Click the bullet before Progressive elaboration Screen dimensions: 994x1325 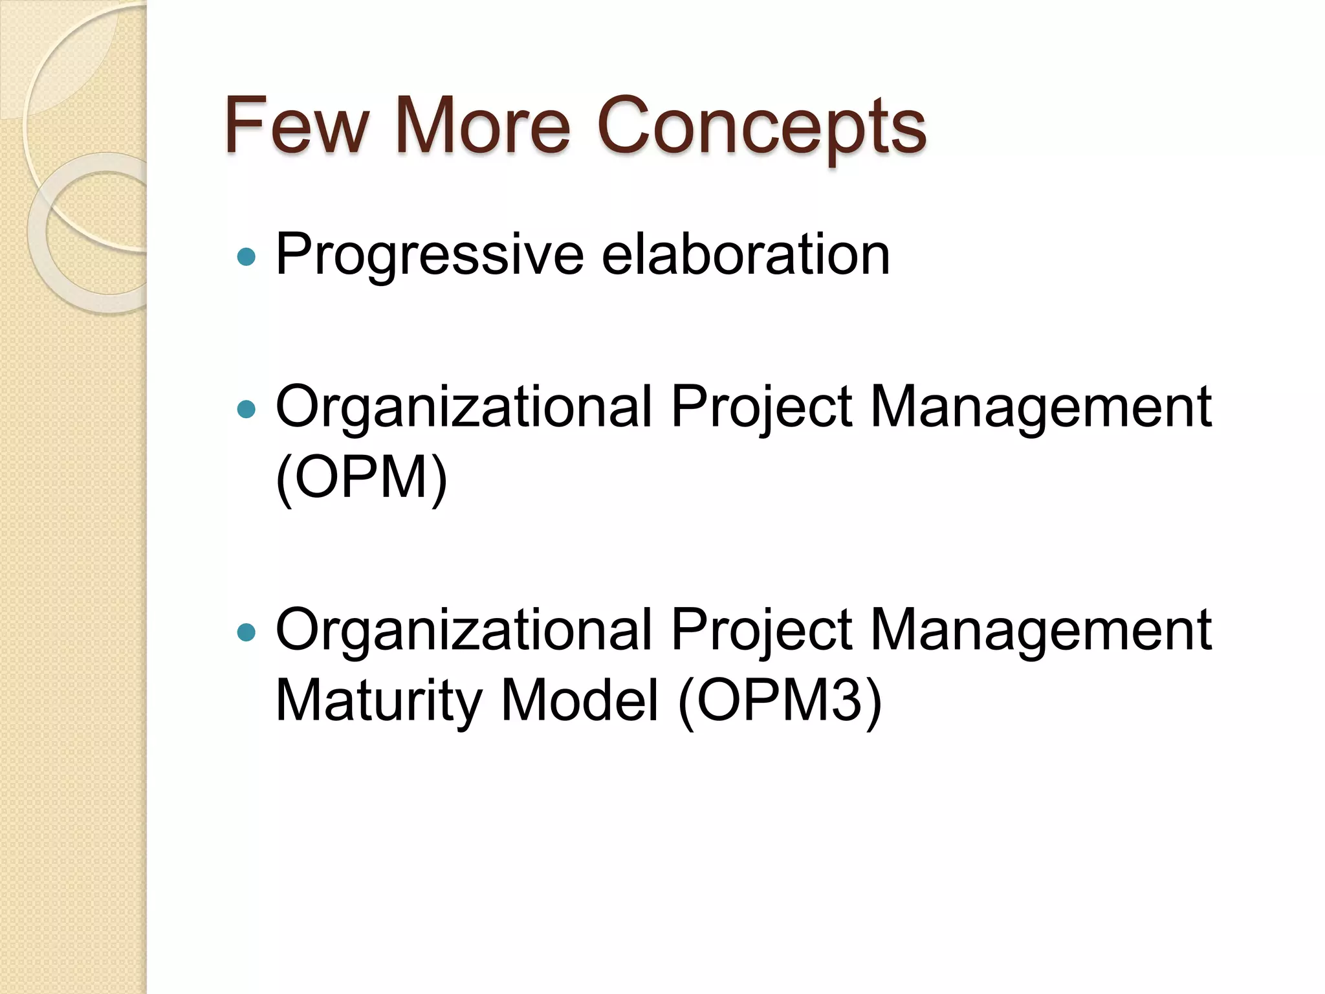(x=246, y=258)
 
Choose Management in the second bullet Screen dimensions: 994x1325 (x=1041, y=407)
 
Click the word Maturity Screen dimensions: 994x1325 (x=379, y=701)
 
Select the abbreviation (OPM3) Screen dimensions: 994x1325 (x=780, y=701)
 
